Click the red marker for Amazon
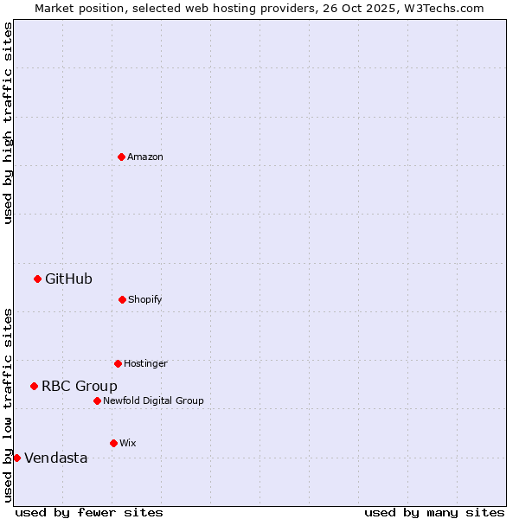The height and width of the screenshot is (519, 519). pos(121,157)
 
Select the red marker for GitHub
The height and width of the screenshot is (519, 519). pos(37,279)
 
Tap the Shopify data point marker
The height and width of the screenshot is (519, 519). pos(122,299)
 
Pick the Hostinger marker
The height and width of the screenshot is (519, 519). pos(118,363)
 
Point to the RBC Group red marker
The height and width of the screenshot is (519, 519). pos(34,386)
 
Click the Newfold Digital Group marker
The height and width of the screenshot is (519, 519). pos(97,400)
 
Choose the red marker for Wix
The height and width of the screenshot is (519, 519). pos(113,443)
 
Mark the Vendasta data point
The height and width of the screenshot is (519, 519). pos(16,458)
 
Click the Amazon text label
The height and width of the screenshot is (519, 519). pos(145,157)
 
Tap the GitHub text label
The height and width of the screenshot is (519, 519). pos(68,279)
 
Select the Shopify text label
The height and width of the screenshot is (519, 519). pos(145,299)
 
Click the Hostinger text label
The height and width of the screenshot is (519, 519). pos(145,363)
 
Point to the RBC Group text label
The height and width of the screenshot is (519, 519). pos(80,386)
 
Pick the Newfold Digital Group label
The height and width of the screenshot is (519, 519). pos(153,400)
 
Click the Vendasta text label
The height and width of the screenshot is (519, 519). pos(56,458)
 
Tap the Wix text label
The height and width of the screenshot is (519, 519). pos(128,443)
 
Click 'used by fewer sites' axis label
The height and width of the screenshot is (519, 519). pos(89,512)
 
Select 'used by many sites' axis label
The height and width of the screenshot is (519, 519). pos(434,512)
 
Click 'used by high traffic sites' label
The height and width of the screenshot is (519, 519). pos(8,123)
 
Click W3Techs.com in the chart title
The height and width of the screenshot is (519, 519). pos(441,8)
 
